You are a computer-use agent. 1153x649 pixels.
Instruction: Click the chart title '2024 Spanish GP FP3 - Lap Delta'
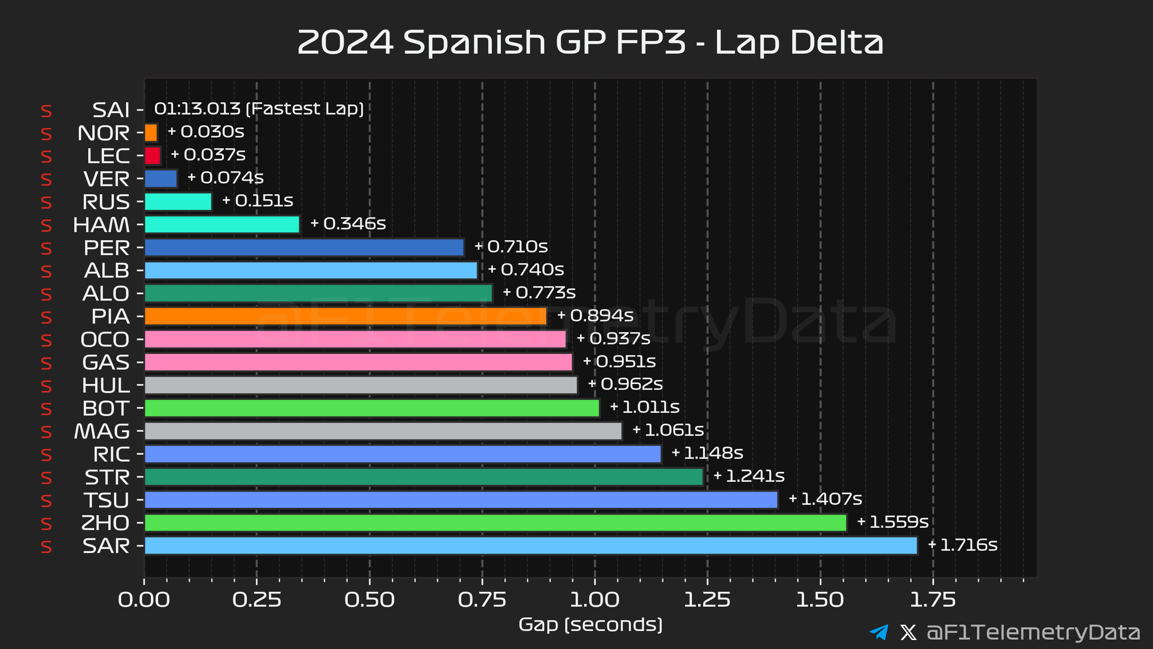pyautogui.click(x=590, y=42)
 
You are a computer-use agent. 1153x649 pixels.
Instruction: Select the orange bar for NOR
pyautogui.click(x=151, y=133)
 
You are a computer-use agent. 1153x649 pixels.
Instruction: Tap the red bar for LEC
pyautogui.click(x=153, y=156)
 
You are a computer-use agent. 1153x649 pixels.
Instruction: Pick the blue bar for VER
pyautogui.click(x=161, y=179)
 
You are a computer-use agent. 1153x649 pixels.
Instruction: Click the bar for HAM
pyautogui.click(x=222, y=224)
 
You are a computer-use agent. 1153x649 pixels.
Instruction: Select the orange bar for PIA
pyautogui.click(x=345, y=316)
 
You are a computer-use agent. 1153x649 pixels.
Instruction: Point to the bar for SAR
pyautogui.click(x=531, y=545)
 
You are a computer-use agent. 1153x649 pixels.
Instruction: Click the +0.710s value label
pyautogui.click(x=511, y=247)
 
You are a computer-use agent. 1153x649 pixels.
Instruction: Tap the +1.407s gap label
pyautogui.click(x=826, y=499)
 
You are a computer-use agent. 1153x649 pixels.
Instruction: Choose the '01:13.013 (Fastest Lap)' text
pyautogui.click(x=259, y=109)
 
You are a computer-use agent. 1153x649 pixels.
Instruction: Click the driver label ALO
pyautogui.click(x=106, y=294)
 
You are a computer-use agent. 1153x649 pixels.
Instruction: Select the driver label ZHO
pyautogui.click(x=105, y=523)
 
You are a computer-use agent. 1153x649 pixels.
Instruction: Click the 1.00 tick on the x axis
pyautogui.click(x=595, y=600)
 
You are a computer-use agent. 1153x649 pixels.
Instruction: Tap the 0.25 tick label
pyautogui.click(x=257, y=600)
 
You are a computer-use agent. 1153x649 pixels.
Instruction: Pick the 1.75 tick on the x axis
pyautogui.click(x=933, y=600)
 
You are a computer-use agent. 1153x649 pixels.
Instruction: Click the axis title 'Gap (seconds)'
pyautogui.click(x=590, y=625)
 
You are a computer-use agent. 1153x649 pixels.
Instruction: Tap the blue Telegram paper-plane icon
pyautogui.click(x=879, y=632)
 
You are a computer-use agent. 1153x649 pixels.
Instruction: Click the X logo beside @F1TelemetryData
pyautogui.click(x=908, y=632)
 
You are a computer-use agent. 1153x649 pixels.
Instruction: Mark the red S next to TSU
pyautogui.click(x=46, y=501)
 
